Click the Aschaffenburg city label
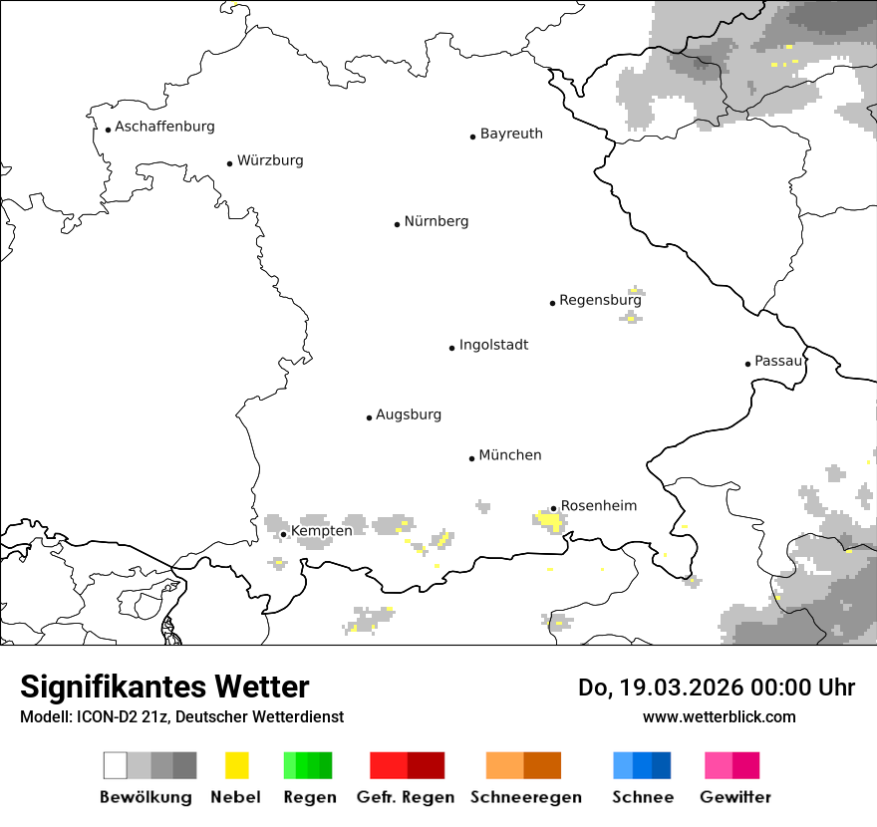tap(164, 127)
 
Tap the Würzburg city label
tap(270, 160)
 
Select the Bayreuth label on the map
tap(511, 134)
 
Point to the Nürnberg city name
tap(436, 221)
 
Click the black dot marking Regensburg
tap(552, 303)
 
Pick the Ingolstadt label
tap(493, 345)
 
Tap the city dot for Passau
tap(747, 364)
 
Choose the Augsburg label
tap(408, 414)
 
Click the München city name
tap(510, 455)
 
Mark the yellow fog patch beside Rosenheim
tap(548, 520)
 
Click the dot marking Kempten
tap(284, 534)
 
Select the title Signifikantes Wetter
tap(164, 687)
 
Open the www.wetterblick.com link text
tap(719, 716)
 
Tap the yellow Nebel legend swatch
tap(236, 765)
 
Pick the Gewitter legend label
tap(734, 797)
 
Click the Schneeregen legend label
tap(525, 797)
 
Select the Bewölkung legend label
tap(146, 797)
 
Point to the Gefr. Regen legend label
tap(405, 797)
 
